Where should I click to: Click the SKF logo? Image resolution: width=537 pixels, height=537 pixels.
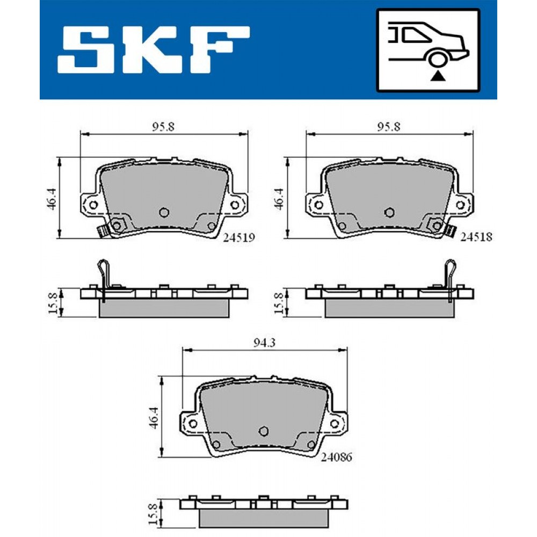154,49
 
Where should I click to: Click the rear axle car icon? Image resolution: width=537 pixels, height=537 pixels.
428,50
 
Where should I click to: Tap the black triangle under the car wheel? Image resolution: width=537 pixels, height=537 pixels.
438,76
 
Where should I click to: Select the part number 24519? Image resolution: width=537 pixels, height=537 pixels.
239,237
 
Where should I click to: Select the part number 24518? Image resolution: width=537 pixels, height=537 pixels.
476,237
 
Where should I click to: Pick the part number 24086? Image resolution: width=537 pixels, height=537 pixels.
336,457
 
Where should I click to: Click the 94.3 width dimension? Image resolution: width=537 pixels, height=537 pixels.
264,343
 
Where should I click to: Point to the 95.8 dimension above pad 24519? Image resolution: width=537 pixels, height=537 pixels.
163,127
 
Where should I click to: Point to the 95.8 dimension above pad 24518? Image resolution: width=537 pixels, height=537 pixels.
389,127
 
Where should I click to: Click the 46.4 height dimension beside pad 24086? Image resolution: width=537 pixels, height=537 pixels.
154,417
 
